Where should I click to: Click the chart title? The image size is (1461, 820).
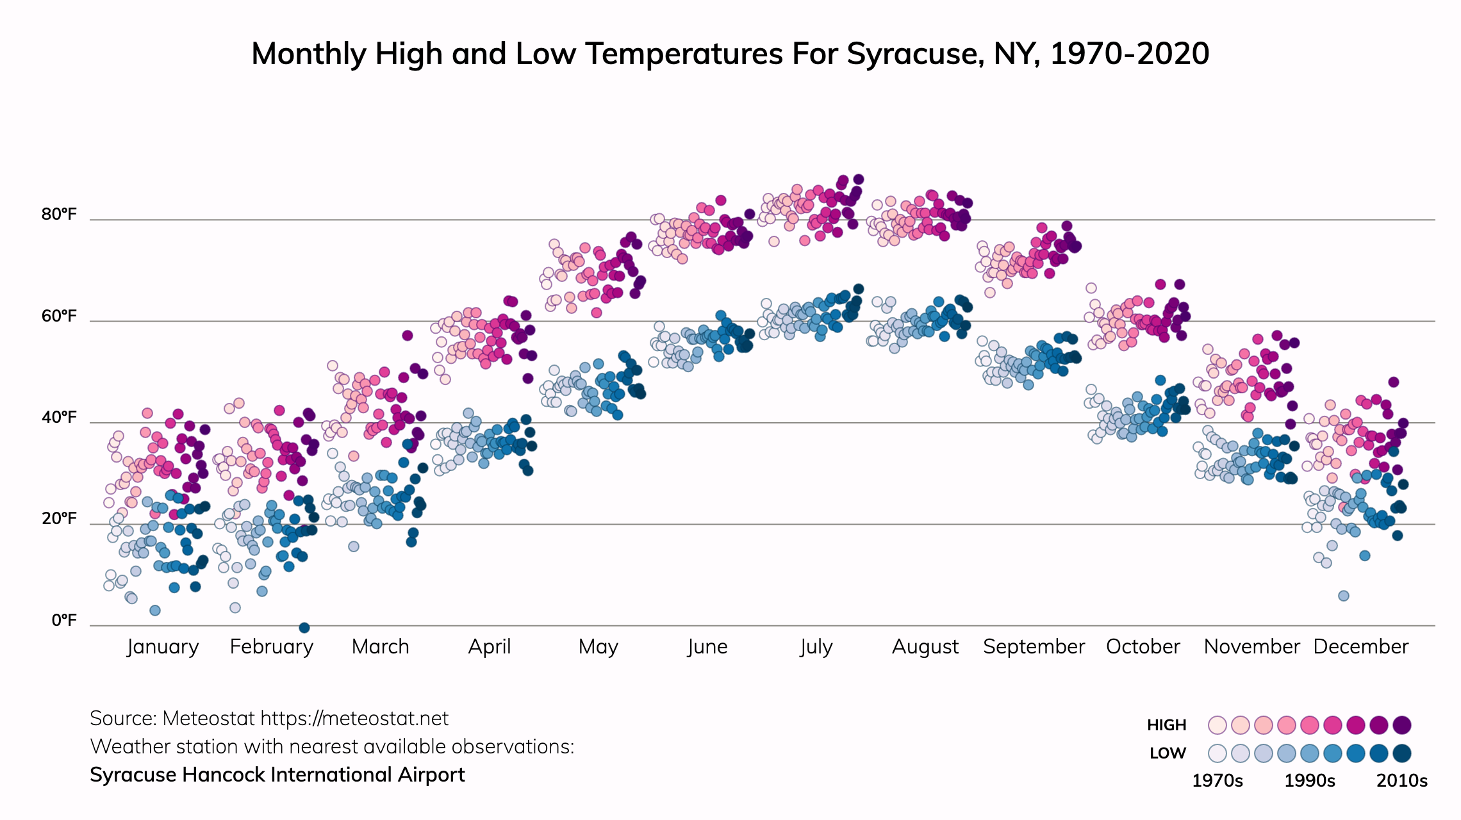[x=730, y=54]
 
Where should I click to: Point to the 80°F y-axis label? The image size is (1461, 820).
[x=59, y=215]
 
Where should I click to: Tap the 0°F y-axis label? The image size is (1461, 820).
[x=64, y=620]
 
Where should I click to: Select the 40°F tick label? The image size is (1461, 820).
[x=59, y=418]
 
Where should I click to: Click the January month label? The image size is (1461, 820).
[x=163, y=647]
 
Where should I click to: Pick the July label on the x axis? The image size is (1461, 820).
[x=816, y=647]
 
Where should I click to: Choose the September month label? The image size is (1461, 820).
[x=1034, y=647]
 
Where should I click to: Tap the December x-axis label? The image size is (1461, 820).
[x=1360, y=647]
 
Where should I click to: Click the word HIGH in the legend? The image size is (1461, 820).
[x=1166, y=725]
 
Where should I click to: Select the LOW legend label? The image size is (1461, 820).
[x=1168, y=753]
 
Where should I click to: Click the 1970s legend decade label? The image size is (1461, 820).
[x=1217, y=781]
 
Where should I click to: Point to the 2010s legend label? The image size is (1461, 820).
[x=1402, y=781]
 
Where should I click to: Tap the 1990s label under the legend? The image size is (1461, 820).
[x=1310, y=781]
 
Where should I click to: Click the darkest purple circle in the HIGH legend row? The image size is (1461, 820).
[x=1402, y=725]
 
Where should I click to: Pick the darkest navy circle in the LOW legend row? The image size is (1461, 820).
[x=1402, y=753]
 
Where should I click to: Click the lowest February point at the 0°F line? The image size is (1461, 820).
[x=304, y=628]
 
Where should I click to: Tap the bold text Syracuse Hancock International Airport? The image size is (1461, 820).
[x=277, y=775]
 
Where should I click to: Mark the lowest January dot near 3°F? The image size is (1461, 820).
[x=155, y=611]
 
